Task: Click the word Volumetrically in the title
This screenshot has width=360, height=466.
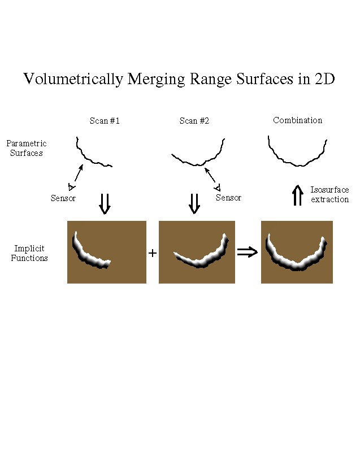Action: click(73, 79)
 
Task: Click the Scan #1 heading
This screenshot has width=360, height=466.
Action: click(105, 121)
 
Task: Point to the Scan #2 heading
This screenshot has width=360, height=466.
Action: click(194, 121)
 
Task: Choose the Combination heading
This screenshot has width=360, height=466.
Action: click(298, 120)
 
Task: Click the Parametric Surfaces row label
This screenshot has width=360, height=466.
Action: click(27, 148)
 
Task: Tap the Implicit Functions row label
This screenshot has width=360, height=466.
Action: click(29, 253)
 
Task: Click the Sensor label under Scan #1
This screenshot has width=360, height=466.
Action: click(63, 198)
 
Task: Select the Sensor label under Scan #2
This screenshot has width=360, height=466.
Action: click(228, 197)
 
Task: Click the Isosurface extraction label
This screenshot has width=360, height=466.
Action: click(329, 194)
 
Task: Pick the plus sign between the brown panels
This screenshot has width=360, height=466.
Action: click(152, 253)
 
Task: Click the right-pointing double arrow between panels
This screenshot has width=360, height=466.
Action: click(248, 252)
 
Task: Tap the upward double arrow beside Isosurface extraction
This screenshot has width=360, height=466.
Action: click(298, 195)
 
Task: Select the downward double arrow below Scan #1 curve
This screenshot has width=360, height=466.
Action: click(105, 204)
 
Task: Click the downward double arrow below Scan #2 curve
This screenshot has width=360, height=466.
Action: click(194, 204)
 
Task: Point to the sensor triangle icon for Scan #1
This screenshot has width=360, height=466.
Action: click(71, 187)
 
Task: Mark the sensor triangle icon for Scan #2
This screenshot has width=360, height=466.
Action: click(218, 188)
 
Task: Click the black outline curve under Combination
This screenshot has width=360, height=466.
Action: click(297, 151)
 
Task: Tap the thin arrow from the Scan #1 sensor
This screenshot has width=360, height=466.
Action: click(79, 173)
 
